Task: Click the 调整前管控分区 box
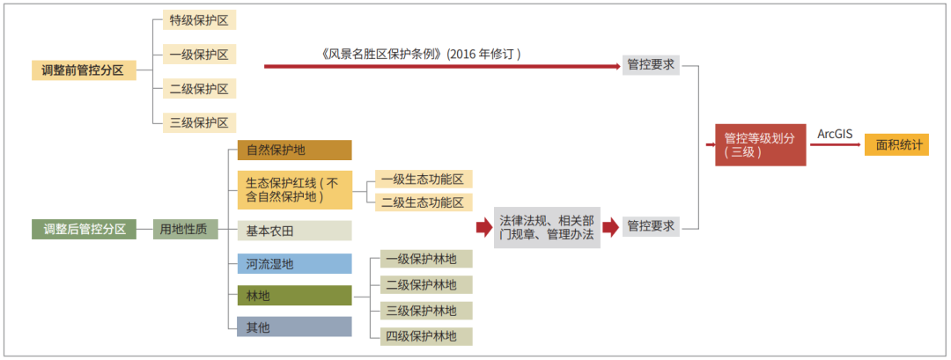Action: (84, 70)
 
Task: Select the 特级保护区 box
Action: (199, 20)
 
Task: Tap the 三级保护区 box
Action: (199, 122)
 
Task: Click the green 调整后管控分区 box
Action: (84, 229)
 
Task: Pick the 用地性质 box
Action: (186, 229)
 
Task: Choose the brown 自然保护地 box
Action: (295, 151)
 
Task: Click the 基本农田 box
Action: (295, 231)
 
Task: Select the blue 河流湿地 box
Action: (295, 264)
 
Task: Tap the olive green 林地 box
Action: (295, 296)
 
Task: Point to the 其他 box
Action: (295, 327)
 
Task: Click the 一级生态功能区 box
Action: (424, 179)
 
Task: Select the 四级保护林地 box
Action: (426, 336)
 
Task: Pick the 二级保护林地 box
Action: (426, 285)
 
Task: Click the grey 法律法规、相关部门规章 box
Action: (547, 227)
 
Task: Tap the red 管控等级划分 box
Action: (761, 145)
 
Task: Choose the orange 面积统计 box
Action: (896, 145)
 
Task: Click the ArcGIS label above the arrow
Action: (835, 134)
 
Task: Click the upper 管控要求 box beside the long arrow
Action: (651, 65)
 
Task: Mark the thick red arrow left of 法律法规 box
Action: (484, 227)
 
